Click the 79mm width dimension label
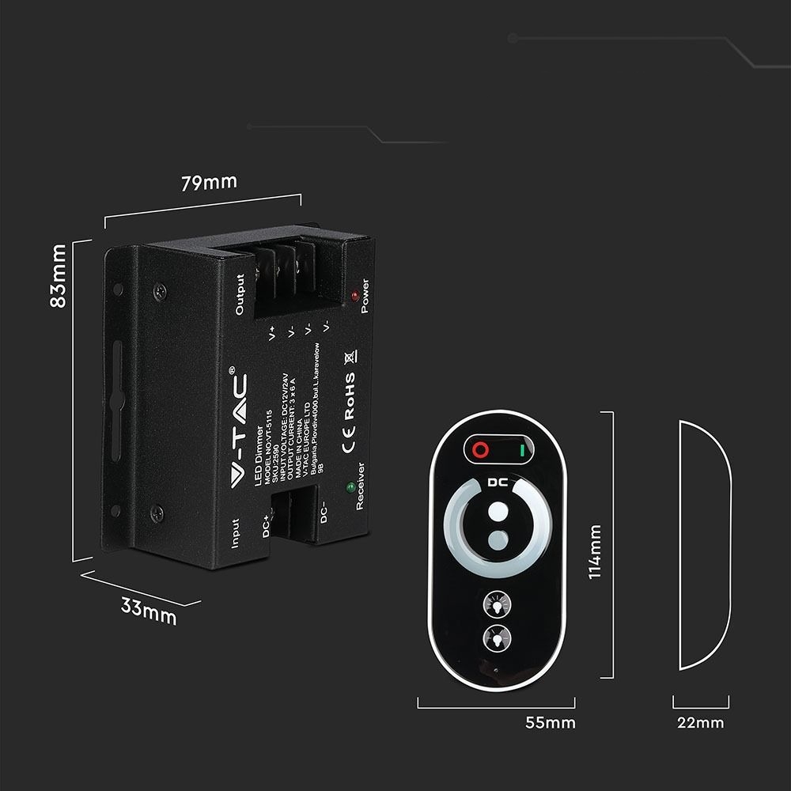pos(209,183)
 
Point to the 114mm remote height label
pos(595,551)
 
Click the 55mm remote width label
pos(550,722)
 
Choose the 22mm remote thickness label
pos(700,722)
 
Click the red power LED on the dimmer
pos(355,296)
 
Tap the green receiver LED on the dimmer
pos(348,488)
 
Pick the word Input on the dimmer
pos(235,534)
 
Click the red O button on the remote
pos(479,450)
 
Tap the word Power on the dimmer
pos(365,297)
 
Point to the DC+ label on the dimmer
pos(267,524)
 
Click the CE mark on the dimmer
pos(347,435)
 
